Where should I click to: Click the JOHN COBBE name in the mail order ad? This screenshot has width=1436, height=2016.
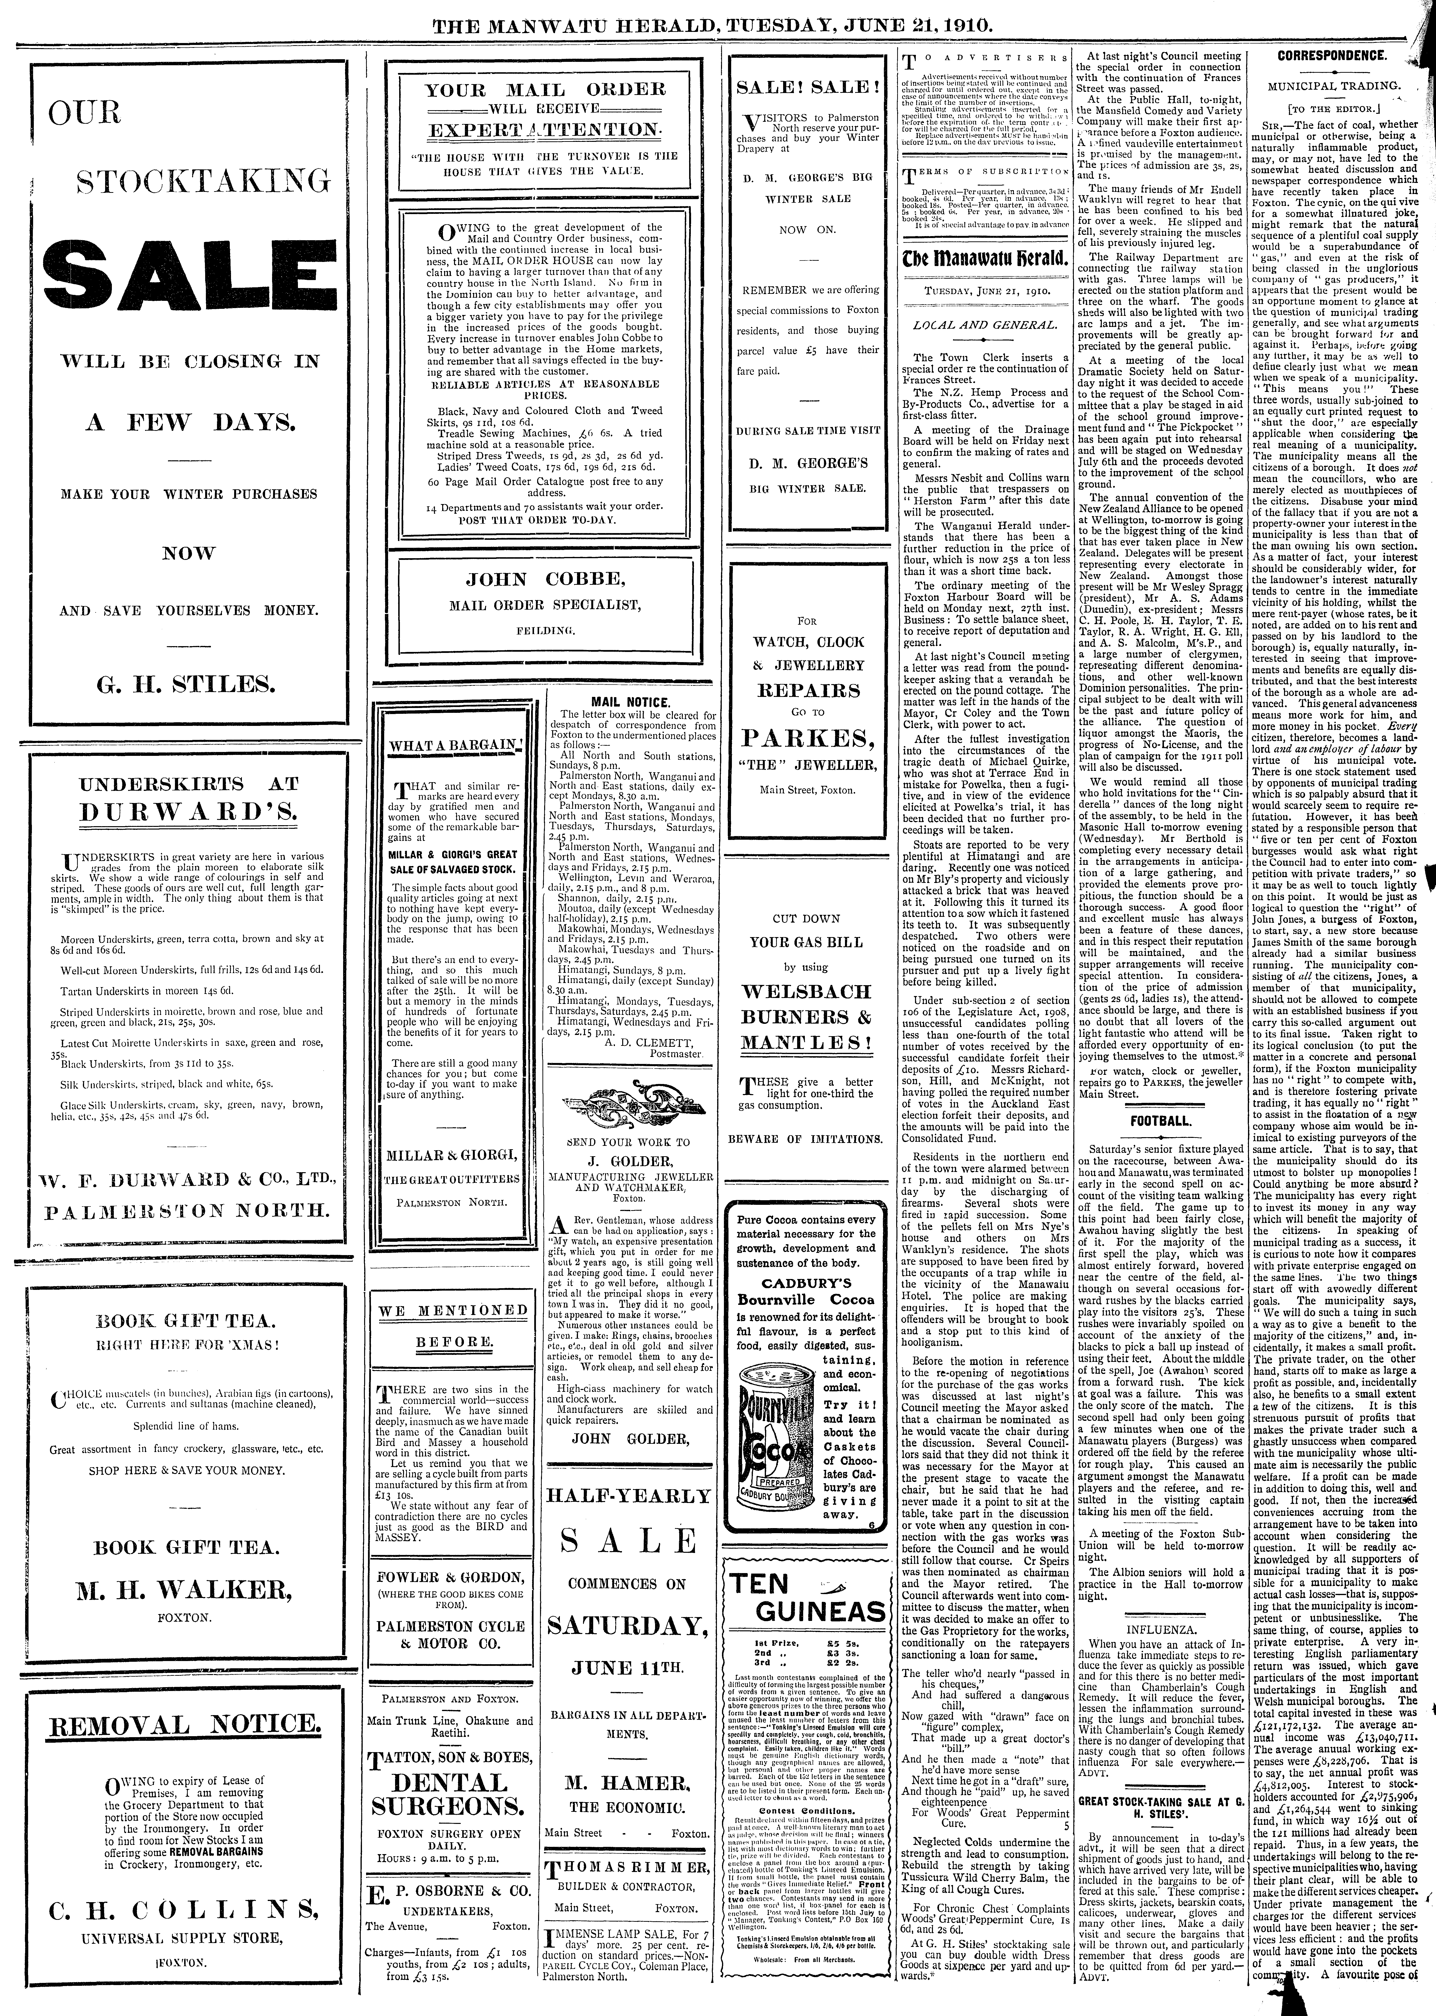[x=545, y=580]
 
